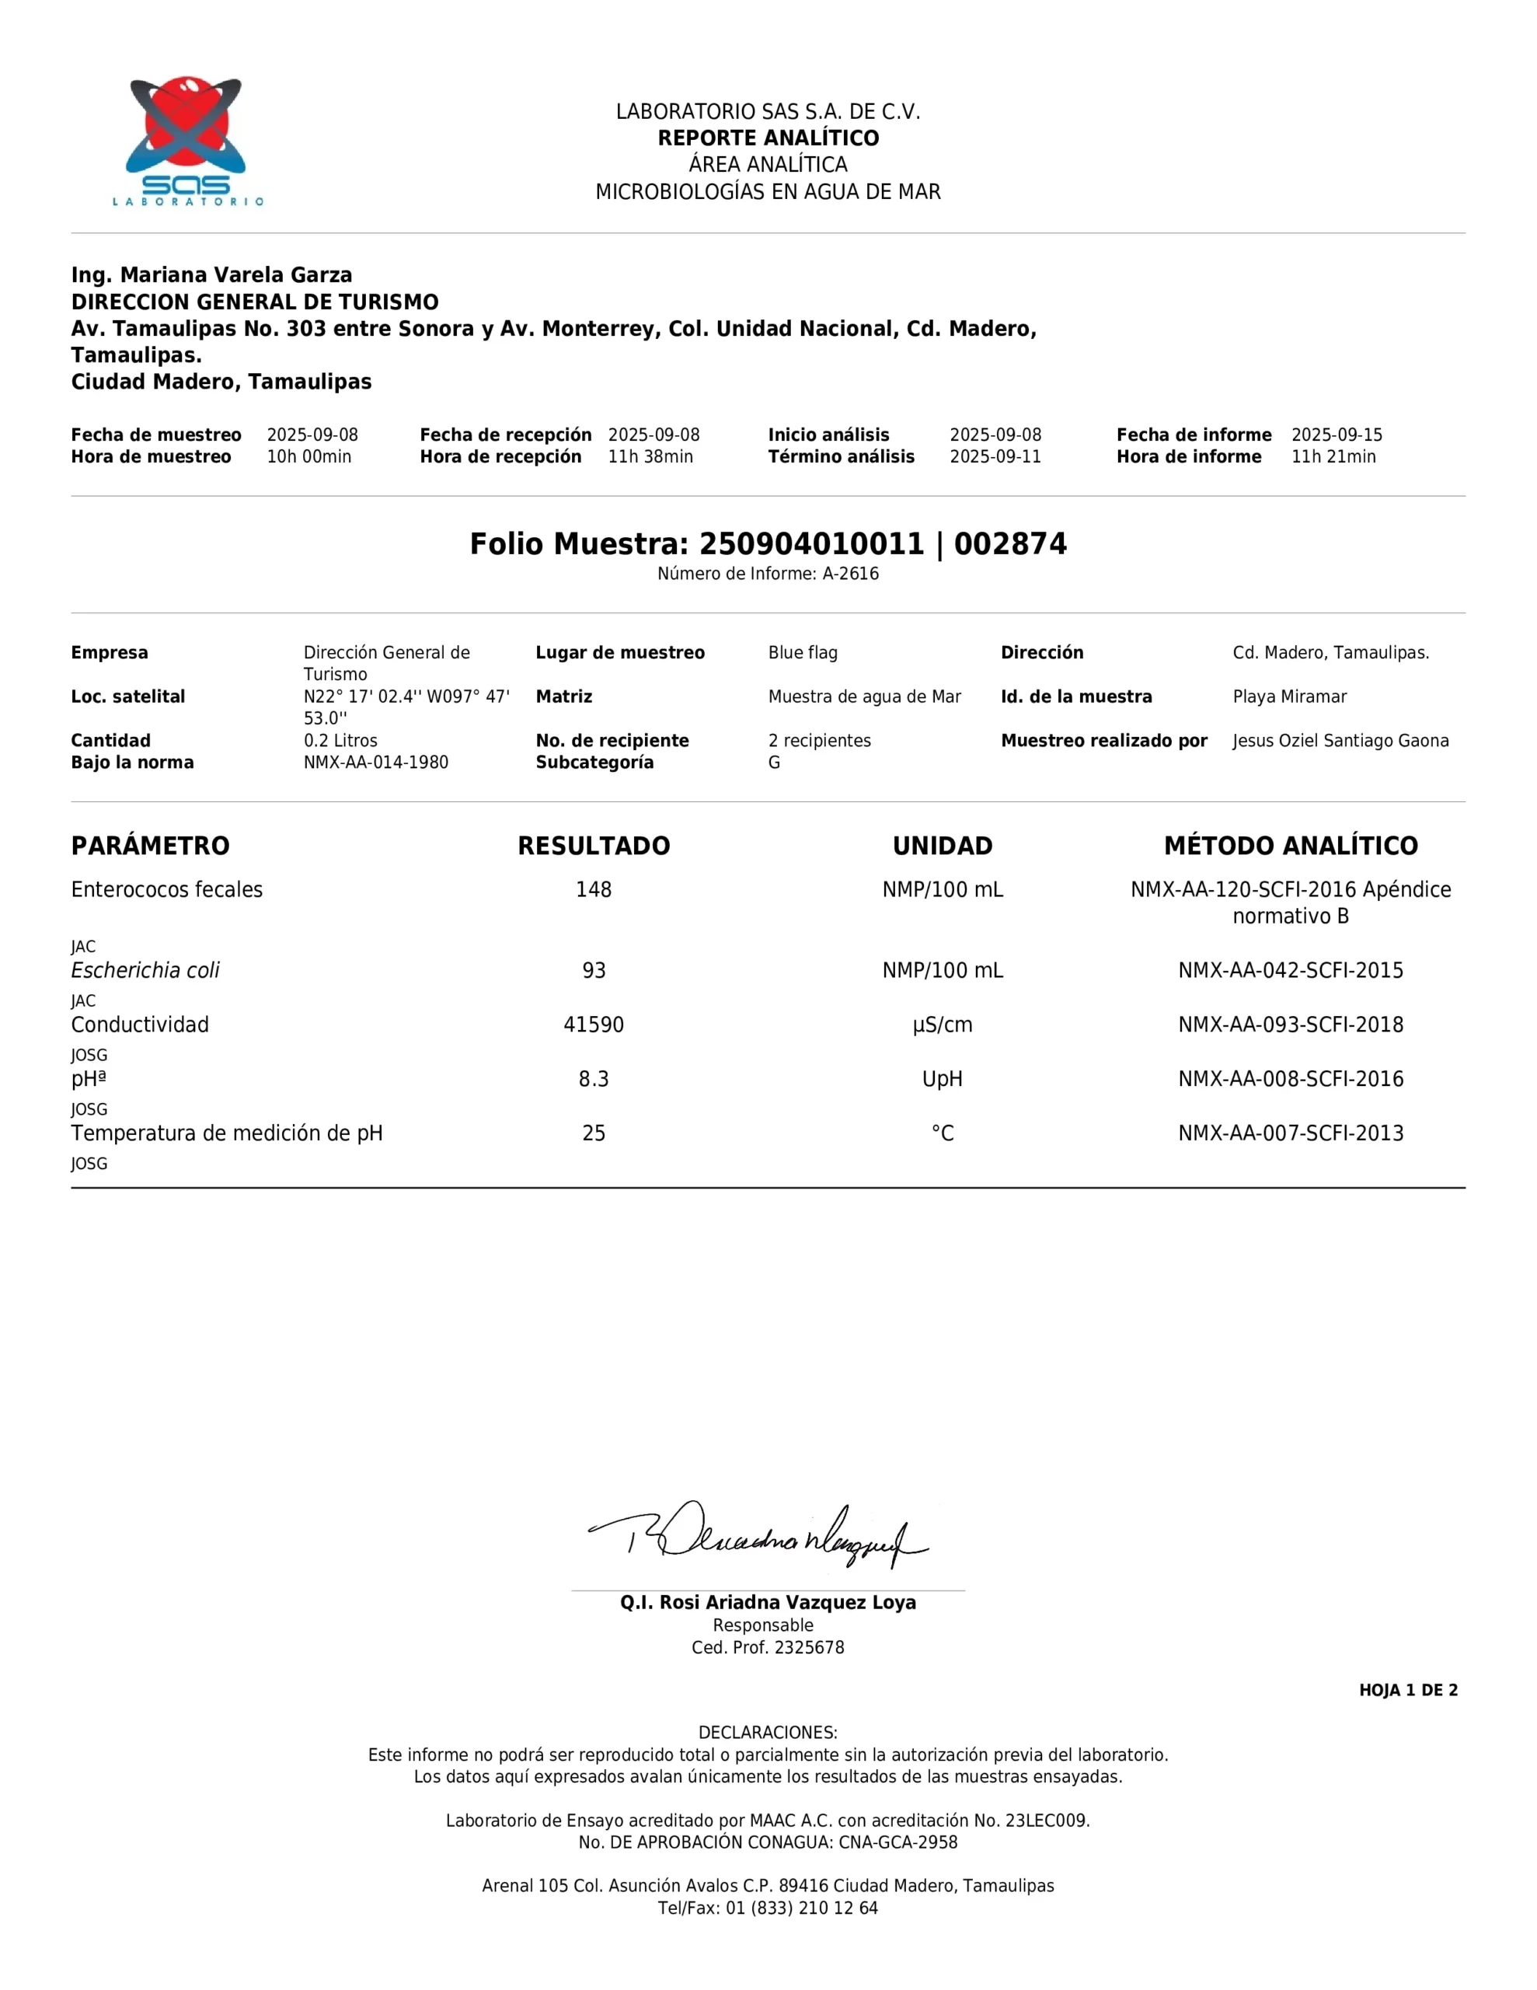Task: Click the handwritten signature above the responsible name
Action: click(x=758, y=1538)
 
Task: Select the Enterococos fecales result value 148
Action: click(x=593, y=889)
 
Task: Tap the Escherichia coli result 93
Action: click(x=593, y=970)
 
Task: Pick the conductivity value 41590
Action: click(x=593, y=1025)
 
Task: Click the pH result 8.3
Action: click(x=593, y=1079)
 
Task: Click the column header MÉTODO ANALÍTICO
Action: click(x=1290, y=846)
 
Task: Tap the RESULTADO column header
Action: click(x=593, y=846)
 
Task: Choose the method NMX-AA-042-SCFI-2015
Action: click(x=1290, y=970)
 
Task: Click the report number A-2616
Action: click(x=850, y=574)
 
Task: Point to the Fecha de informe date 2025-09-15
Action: click(x=1337, y=435)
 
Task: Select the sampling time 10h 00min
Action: click(x=308, y=456)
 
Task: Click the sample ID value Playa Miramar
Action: click(x=1289, y=696)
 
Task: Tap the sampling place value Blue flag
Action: click(x=803, y=652)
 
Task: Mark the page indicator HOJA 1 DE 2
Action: click(x=1408, y=1690)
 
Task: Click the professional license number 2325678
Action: click(x=809, y=1647)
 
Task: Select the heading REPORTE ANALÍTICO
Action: click(x=768, y=138)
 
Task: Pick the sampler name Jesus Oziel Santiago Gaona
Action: click(x=1340, y=741)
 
